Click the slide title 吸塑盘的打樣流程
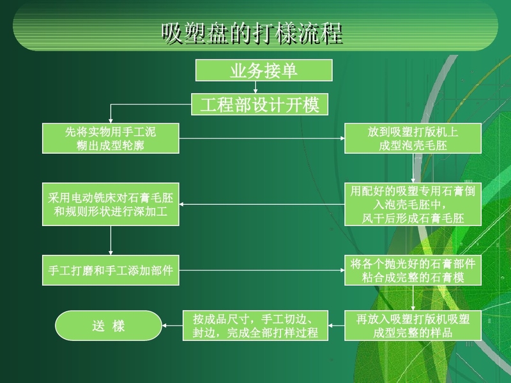pyautogui.click(x=252, y=33)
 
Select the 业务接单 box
pyautogui.click(x=264, y=70)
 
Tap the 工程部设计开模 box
pyautogui.click(x=259, y=104)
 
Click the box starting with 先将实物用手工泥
pyautogui.click(x=111, y=138)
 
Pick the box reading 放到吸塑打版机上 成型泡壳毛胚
pyautogui.click(x=413, y=138)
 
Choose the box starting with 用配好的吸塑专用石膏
pyautogui.click(x=413, y=204)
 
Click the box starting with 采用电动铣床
pyautogui.click(x=111, y=204)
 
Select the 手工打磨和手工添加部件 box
pyautogui.click(x=111, y=270)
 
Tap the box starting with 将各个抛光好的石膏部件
pyautogui.click(x=413, y=270)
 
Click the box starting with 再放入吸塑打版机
pyautogui.click(x=413, y=326)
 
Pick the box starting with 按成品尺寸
pyautogui.click(x=255, y=326)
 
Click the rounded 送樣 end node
pyautogui.click(x=109, y=326)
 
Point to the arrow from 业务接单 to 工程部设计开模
pyautogui.click(x=256, y=87)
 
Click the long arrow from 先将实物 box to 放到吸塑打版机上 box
pyautogui.click(x=262, y=138)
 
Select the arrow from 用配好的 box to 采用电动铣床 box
pyautogui.click(x=262, y=204)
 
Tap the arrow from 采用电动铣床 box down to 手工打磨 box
pyautogui.click(x=111, y=241)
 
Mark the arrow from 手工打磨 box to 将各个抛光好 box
pyautogui.click(x=262, y=270)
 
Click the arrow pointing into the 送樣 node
pyautogui.click(x=172, y=326)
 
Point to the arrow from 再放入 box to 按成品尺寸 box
pyautogui.click(x=337, y=326)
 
